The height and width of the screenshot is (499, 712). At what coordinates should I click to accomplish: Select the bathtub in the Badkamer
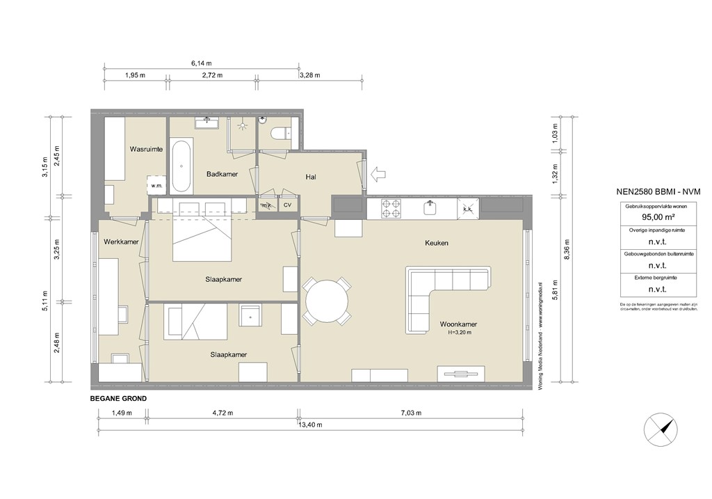(x=182, y=166)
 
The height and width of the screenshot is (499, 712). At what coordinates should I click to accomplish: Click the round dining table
(x=327, y=301)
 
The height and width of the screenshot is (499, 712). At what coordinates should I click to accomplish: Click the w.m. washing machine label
(x=154, y=186)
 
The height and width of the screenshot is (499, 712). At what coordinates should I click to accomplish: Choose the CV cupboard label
(x=287, y=206)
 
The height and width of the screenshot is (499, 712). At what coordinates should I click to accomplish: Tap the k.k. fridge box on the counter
(x=467, y=207)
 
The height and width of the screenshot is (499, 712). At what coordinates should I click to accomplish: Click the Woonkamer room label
(x=458, y=324)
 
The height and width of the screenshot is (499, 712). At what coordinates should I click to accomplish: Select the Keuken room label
(x=437, y=243)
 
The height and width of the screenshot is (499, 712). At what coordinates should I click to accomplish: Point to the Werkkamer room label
(x=120, y=242)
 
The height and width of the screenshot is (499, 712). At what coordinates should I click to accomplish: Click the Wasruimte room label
(x=146, y=149)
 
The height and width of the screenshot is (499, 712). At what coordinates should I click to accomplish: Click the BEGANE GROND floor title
(x=118, y=399)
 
